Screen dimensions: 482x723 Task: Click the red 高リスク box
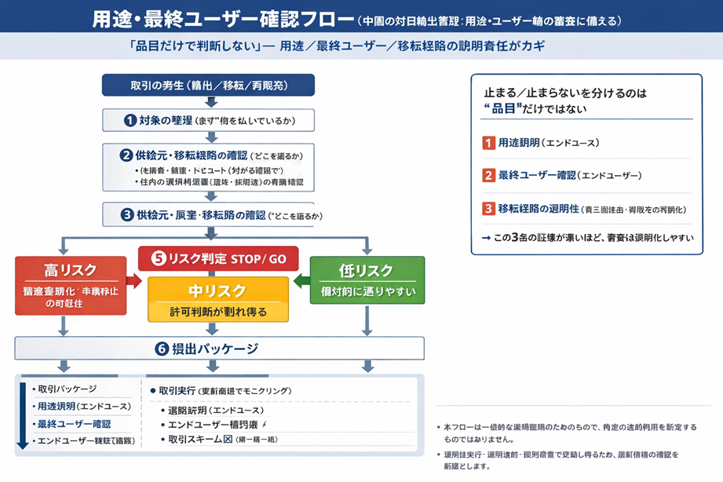[71, 285]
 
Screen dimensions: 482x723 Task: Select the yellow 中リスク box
[218, 299]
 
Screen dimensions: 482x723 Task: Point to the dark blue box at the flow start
[208, 85]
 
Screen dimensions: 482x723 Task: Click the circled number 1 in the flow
[130, 120]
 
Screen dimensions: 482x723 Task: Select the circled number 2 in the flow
[126, 155]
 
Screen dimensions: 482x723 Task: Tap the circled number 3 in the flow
[126, 214]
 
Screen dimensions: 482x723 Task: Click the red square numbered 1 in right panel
[488, 143]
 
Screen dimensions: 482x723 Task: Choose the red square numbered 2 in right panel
[488, 176]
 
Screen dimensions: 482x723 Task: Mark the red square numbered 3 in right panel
[488, 209]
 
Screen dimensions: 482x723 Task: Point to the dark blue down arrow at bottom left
[22, 416]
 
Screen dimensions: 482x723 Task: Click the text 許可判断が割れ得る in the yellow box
[218, 312]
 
